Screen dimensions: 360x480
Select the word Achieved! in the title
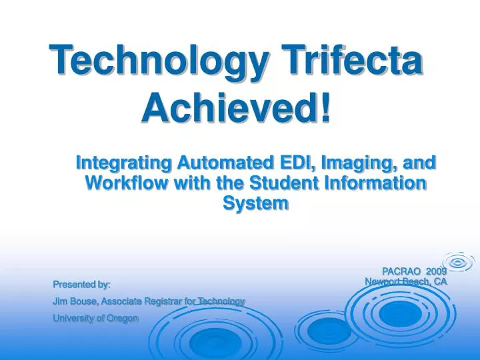pyautogui.click(x=237, y=107)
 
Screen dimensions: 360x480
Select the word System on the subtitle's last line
pyautogui.click(x=256, y=203)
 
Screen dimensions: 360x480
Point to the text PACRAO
pyautogui.click(x=401, y=271)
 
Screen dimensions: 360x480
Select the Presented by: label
pyautogui.click(x=81, y=285)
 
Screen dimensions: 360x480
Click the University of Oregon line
pyautogui.click(x=95, y=318)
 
